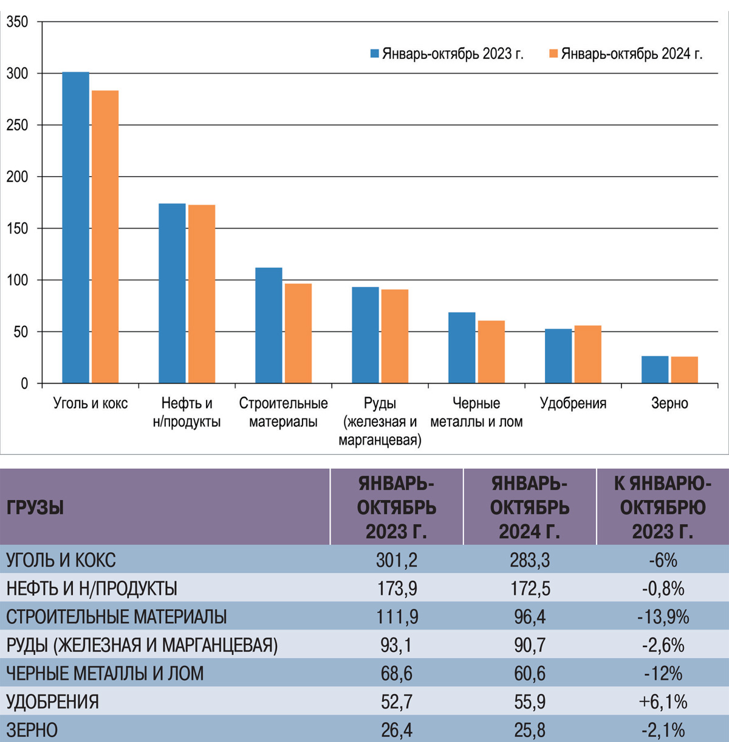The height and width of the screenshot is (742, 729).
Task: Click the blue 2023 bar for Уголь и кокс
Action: [76, 227]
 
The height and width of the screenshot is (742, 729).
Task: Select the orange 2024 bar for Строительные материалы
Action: [298, 333]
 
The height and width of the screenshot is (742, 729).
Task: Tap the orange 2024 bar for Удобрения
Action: [587, 354]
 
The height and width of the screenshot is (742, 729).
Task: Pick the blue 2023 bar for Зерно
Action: [655, 370]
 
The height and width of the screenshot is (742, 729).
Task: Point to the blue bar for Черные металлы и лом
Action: [462, 348]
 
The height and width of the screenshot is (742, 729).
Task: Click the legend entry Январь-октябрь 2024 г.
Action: [626, 54]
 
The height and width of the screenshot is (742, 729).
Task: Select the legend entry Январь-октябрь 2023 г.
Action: [447, 54]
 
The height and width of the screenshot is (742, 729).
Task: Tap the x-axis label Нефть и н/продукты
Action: [187, 412]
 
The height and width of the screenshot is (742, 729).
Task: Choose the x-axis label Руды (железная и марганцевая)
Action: [380, 421]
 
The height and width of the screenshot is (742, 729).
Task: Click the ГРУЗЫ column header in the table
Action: [35, 507]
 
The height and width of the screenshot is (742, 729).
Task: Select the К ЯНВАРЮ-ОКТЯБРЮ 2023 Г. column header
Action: [663, 507]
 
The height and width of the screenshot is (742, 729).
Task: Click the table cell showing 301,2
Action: [397, 560]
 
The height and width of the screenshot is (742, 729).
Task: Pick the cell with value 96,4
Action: [530, 617]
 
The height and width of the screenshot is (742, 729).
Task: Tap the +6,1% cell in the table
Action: [663, 702]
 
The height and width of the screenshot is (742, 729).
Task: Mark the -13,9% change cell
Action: [663, 617]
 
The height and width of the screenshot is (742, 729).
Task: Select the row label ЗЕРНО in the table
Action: [32, 730]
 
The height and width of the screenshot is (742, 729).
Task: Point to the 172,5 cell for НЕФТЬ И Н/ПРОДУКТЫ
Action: [530, 588]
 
